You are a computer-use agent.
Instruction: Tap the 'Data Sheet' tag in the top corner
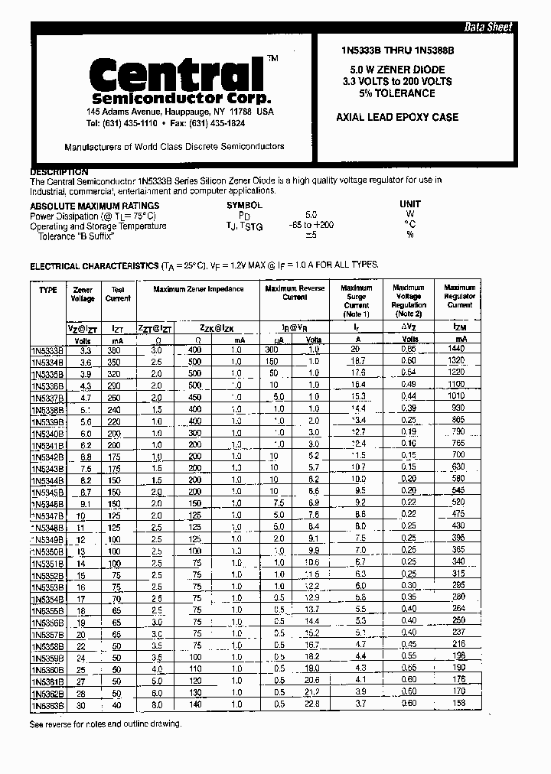tap(488, 27)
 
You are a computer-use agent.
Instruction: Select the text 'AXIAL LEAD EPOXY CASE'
tap(397, 117)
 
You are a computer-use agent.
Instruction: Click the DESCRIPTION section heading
tap(59, 172)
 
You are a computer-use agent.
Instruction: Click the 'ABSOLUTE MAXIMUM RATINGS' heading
tap(95, 206)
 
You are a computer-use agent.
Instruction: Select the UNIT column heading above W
tap(409, 205)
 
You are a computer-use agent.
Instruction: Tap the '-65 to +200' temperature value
tap(311, 226)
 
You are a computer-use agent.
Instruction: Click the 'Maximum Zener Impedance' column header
tap(198, 289)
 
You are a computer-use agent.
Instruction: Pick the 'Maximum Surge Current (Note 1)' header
tap(357, 301)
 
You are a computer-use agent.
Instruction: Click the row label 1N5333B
tap(48, 350)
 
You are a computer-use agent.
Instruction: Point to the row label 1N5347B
tap(48, 516)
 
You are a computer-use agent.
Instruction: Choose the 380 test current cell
tap(117, 349)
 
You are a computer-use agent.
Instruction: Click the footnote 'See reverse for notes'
tap(106, 724)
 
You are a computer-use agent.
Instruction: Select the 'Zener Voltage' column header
tap(83, 294)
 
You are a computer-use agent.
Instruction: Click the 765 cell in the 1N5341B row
tap(458, 444)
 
